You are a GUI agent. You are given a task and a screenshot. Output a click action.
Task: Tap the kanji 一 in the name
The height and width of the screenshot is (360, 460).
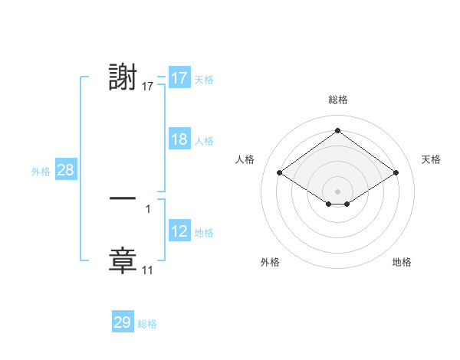click(123, 198)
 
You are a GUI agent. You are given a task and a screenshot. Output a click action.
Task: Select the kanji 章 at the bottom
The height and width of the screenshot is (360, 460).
click(123, 260)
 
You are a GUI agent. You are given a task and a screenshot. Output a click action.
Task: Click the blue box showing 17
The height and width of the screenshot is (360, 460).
click(179, 78)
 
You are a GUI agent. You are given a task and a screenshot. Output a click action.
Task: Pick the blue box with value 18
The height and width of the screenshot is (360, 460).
click(179, 140)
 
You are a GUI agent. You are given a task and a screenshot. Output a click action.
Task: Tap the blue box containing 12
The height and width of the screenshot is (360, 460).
click(179, 232)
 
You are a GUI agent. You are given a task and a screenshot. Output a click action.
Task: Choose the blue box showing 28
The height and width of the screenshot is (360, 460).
click(65, 171)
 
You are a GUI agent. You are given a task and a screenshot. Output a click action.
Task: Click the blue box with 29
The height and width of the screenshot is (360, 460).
click(123, 322)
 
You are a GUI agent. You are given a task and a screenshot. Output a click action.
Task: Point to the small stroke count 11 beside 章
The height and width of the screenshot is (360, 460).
click(148, 270)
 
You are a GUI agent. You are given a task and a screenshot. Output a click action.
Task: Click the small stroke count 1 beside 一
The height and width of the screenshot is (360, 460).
click(148, 208)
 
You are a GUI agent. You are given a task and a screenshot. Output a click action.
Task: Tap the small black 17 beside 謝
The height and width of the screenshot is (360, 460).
click(148, 87)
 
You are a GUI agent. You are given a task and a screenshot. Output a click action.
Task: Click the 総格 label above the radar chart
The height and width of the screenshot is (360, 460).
click(338, 100)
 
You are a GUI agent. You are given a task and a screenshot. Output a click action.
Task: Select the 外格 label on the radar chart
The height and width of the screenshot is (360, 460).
click(270, 262)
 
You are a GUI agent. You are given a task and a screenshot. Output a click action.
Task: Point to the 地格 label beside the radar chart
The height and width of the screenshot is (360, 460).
click(402, 262)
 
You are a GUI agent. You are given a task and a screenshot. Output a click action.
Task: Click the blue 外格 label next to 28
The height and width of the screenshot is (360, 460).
click(41, 172)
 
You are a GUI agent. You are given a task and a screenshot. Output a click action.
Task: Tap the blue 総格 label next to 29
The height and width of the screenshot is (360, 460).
click(147, 324)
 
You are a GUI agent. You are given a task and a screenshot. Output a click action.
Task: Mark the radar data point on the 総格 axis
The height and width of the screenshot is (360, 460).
click(337, 131)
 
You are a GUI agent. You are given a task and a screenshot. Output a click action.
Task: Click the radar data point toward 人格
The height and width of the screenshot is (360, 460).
click(280, 173)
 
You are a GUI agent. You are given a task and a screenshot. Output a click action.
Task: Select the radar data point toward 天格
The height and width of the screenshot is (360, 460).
click(396, 173)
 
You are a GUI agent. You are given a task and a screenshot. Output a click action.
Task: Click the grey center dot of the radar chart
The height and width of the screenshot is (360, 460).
click(337, 190)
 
